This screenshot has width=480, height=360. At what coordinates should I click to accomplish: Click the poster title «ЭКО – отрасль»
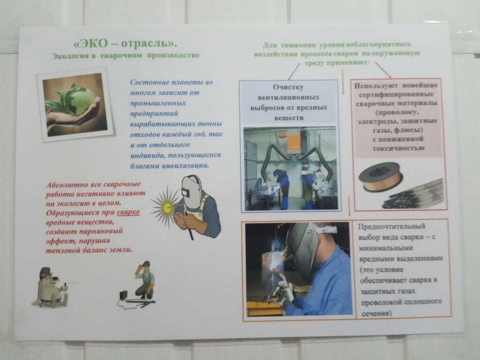click(126, 44)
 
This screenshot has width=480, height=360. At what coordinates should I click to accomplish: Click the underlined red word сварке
click(128, 212)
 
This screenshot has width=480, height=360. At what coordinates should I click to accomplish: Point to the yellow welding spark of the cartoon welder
click(165, 207)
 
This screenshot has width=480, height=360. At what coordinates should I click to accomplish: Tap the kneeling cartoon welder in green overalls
click(145, 280)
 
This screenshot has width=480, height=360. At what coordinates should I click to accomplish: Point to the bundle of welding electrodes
click(413, 195)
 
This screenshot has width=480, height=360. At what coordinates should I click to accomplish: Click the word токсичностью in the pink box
click(398, 148)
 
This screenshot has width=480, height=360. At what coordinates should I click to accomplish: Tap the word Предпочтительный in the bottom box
click(391, 226)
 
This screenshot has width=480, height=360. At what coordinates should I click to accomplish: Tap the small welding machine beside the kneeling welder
click(124, 295)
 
